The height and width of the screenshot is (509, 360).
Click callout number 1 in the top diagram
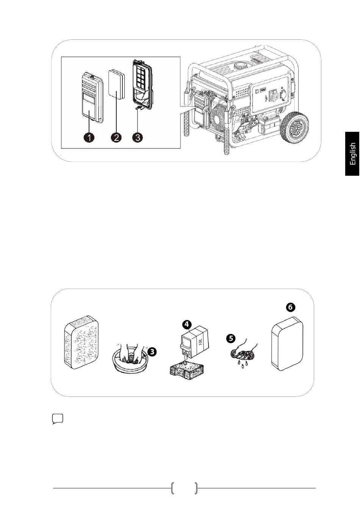89,137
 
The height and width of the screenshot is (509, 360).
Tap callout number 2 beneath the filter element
116,137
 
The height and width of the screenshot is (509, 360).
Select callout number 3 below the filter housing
138,137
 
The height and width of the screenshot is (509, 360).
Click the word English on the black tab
352,154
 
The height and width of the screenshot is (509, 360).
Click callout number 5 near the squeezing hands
231,338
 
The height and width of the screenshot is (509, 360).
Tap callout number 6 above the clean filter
290,307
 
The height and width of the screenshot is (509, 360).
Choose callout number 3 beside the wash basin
152,352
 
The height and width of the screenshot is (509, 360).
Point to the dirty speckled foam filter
81,342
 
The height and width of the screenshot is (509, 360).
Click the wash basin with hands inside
130,359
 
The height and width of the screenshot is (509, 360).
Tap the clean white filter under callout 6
288,344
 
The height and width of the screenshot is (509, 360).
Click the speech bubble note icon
58,419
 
